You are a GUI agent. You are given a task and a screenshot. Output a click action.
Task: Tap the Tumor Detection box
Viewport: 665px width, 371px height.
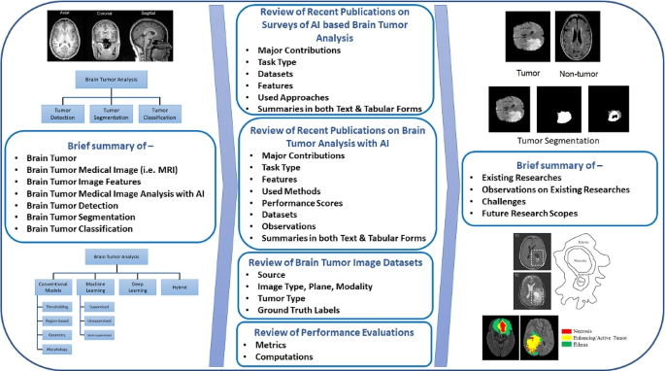click(63, 113)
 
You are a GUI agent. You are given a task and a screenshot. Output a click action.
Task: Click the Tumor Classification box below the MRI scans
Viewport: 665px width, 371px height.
click(161, 113)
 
